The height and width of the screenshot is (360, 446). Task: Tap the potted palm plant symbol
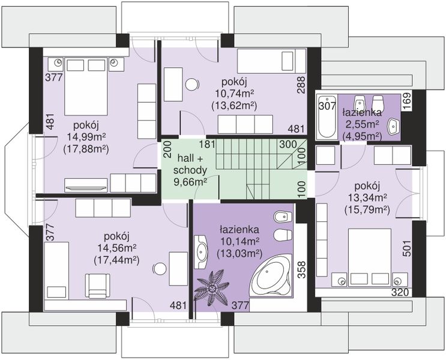(212, 288)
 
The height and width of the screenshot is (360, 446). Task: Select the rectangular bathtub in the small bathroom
(327, 116)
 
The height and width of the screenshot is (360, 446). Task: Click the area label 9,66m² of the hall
(190, 182)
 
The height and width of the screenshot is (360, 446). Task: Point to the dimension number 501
(408, 248)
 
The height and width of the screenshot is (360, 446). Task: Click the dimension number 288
(301, 85)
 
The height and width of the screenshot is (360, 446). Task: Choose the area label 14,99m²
(86, 137)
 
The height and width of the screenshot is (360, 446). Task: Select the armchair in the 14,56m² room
(98, 286)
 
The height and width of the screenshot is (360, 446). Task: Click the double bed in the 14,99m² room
(86, 86)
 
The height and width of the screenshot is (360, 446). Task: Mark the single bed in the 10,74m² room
(272, 61)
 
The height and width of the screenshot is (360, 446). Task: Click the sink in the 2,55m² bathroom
(394, 125)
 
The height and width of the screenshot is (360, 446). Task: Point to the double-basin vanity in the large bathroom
(201, 252)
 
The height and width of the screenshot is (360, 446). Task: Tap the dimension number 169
(408, 101)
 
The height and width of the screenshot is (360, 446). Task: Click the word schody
(190, 170)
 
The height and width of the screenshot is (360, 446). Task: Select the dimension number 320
(400, 292)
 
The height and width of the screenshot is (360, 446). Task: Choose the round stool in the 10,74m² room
(192, 84)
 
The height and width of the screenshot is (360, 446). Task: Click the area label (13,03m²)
(240, 254)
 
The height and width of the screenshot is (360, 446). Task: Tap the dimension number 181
(207, 144)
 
